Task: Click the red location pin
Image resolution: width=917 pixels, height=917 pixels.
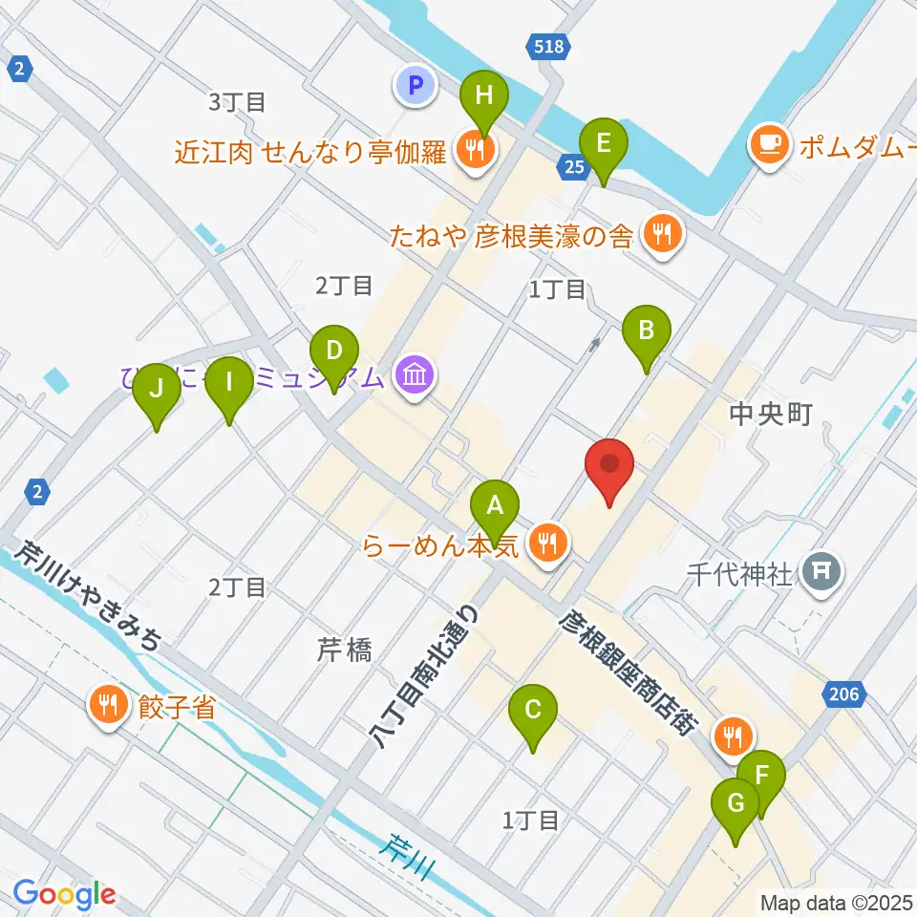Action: point(609,468)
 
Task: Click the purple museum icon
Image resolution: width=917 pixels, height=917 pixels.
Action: point(414,374)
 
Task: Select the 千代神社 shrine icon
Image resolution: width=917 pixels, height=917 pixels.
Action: point(820,572)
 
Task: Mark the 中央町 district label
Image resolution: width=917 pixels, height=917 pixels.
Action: point(770,414)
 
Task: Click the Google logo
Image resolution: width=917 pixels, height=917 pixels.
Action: point(64,894)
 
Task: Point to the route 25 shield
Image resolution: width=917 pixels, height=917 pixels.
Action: point(574,168)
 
